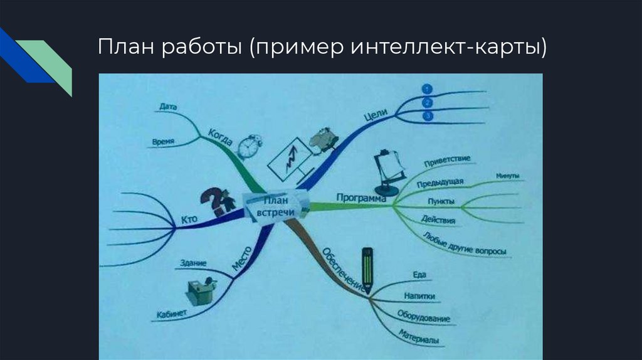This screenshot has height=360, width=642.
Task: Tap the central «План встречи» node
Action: pos(276,208)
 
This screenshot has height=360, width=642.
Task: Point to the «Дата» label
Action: pos(168,107)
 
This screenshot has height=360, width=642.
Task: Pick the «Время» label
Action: pos(163,142)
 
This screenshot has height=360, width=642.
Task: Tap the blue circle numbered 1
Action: pos(427,89)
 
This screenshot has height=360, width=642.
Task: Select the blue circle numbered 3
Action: pos(428,116)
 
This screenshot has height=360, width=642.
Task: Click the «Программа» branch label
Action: pos(360,198)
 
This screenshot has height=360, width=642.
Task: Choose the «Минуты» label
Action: pos(507,176)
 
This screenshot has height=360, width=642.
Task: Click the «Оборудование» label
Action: pos(423,315)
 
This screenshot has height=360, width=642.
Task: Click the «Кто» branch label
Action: pos(189,220)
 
